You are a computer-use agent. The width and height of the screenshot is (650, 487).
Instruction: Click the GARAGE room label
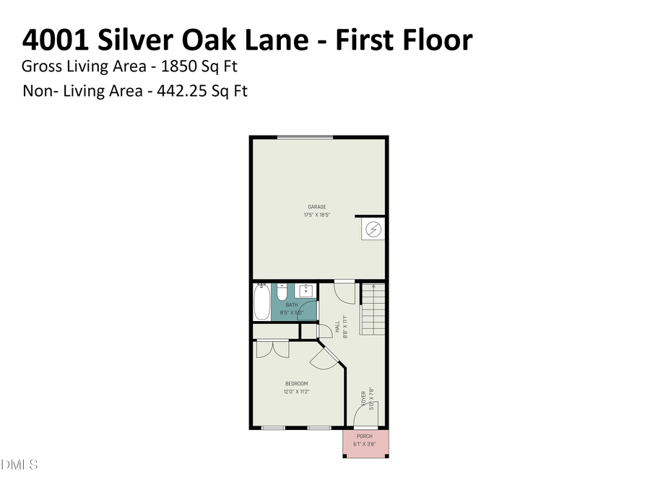coord(317,207)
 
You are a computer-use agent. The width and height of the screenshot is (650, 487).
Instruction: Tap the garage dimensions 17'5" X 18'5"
coord(317,215)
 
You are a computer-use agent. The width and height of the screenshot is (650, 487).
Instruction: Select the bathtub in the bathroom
coord(261,302)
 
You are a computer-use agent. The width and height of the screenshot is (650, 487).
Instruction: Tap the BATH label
coord(292,305)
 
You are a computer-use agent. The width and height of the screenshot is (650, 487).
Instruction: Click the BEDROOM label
coord(296,384)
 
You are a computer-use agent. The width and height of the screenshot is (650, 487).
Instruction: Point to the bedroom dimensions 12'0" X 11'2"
coord(296,392)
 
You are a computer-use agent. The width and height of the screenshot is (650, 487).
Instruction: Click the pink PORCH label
coord(364,436)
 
